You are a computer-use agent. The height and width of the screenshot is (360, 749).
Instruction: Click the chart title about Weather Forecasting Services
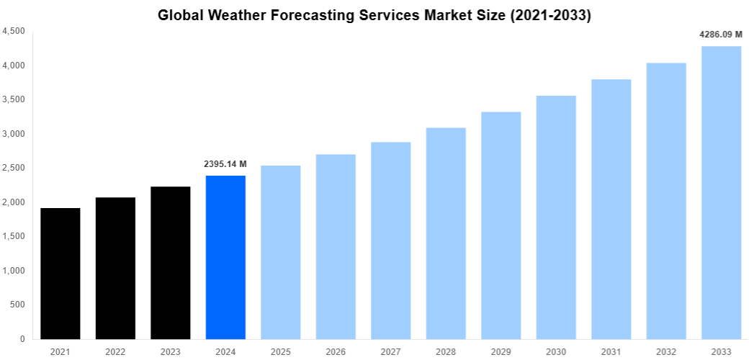pyautogui.click(x=374, y=15)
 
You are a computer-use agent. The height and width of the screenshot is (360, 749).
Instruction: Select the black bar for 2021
pyautogui.click(x=60, y=274)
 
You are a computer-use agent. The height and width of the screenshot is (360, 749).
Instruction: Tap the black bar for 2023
pyautogui.click(x=171, y=263)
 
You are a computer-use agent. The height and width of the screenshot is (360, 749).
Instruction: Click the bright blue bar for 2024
pyautogui.click(x=225, y=257)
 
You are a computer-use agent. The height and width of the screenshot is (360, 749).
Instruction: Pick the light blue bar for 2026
pyautogui.click(x=336, y=246)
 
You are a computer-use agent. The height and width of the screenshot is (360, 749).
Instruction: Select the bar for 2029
pyautogui.click(x=501, y=225)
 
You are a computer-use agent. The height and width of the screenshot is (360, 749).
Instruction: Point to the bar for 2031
pyautogui.click(x=611, y=209)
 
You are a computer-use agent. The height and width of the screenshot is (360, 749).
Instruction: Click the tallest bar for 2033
pyautogui.click(x=722, y=192)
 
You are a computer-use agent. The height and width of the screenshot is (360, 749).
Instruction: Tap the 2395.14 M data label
pyautogui.click(x=225, y=164)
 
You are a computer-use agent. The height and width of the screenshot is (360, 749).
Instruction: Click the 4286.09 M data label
pyautogui.click(x=721, y=34)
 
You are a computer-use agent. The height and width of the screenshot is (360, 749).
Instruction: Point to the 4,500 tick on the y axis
pyautogui.click(x=14, y=32)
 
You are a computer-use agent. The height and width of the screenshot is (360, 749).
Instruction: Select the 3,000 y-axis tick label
pyautogui.click(x=14, y=134)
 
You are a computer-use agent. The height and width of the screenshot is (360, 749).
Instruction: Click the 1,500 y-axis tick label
pyautogui.click(x=14, y=236)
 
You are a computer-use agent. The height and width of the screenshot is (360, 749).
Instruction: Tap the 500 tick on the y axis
pyautogui.click(x=18, y=305)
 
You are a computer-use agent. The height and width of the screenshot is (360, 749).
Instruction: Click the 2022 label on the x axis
pyautogui.click(x=115, y=351)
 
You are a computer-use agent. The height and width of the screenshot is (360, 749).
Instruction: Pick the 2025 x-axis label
pyautogui.click(x=281, y=351)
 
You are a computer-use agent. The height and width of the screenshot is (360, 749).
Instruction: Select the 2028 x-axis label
pyautogui.click(x=446, y=351)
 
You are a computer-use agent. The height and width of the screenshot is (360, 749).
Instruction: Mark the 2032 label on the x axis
pyautogui.click(x=666, y=351)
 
